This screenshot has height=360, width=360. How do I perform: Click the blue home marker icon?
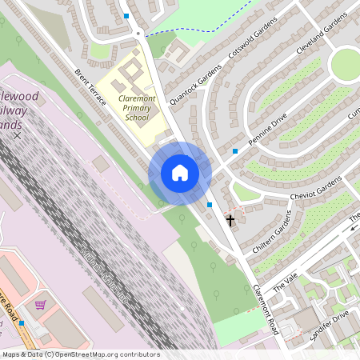tap(180, 173)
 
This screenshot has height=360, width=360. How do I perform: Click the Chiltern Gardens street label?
tap(275, 240)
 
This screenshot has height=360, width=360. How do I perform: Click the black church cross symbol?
tap(231, 219)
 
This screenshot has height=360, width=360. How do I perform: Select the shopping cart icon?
tap(41, 304)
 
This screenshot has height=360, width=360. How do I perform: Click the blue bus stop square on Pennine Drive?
tap(235, 150)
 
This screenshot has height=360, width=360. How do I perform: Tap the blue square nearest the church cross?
tap(210, 206)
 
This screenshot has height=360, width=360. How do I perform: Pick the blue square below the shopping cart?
tap(22, 323)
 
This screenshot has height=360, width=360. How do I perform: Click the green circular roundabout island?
tap(346, 64)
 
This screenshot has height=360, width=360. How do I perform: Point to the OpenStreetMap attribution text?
tap(80, 354)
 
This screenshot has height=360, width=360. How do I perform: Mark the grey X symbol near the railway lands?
tap(18, 136)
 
